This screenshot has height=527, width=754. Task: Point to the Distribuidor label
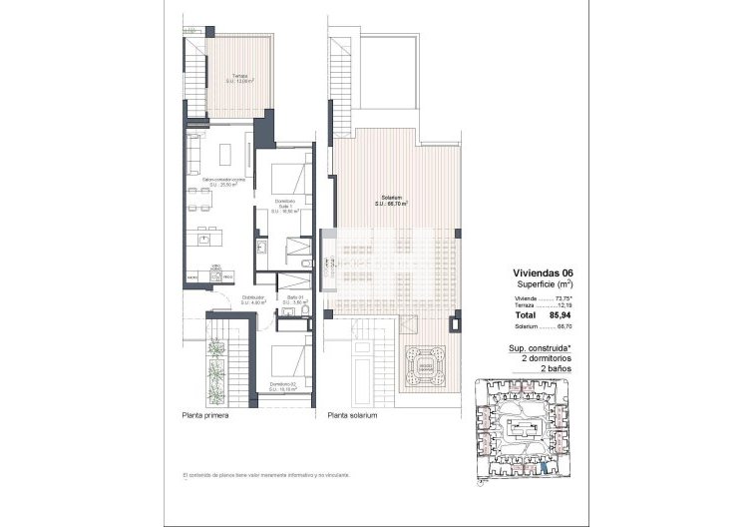[253, 298]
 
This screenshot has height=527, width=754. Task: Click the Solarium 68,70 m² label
[392, 200]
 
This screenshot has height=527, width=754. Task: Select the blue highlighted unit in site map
[544, 467]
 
